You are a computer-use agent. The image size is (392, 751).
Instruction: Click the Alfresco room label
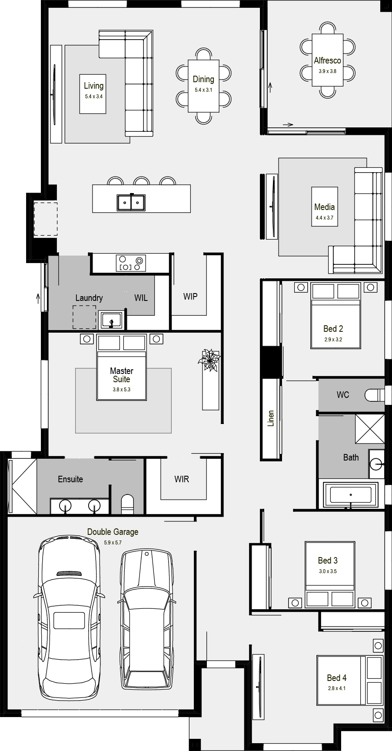pyautogui.click(x=327, y=60)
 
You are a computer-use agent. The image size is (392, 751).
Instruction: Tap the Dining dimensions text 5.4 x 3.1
pyautogui.click(x=203, y=90)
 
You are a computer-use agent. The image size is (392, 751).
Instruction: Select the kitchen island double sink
pyautogui.click(x=131, y=202)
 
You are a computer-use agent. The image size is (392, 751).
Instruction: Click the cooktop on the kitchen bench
pyautogui.click(x=131, y=263)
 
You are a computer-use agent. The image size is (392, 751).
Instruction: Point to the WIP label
pyautogui.click(x=190, y=296)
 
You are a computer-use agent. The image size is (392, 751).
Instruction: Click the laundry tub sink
pyautogui.click(x=112, y=320)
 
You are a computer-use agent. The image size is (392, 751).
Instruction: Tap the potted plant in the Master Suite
pyautogui.click(x=209, y=360)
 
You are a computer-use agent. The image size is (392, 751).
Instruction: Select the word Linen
pyautogui.click(x=271, y=418)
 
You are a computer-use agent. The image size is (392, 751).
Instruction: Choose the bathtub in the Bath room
pyautogui.click(x=351, y=494)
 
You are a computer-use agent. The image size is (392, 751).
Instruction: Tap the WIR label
pyautogui.click(x=182, y=479)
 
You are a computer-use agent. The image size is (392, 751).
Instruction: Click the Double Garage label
pyautogui.click(x=113, y=531)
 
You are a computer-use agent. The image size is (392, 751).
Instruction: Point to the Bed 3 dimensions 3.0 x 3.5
pyautogui.click(x=328, y=571)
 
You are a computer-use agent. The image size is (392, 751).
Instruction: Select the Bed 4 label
pyautogui.click(x=337, y=678)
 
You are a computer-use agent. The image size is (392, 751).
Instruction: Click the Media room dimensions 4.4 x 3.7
pyautogui.click(x=325, y=218)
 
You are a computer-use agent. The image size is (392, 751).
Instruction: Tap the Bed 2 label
pyautogui.click(x=333, y=329)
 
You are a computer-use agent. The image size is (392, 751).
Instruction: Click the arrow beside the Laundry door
pyautogui.click(x=38, y=298)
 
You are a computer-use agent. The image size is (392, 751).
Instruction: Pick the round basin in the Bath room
pyautogui.click(x=376, y=464)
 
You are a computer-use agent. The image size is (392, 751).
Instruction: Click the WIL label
pyautogui.click(x=141, y=298)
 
